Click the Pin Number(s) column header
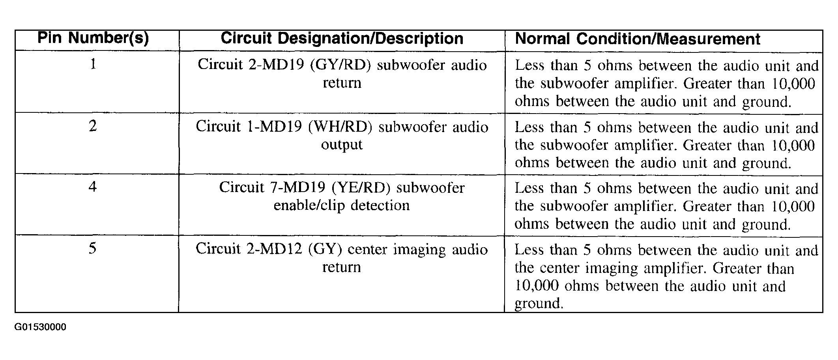(93, 38)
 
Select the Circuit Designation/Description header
(342, 39)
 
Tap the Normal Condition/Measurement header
(638, 39)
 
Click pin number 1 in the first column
(93, 64)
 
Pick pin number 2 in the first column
(93, 126)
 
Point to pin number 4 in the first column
(93, 187)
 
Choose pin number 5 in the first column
(92, 248)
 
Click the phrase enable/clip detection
(342, 206)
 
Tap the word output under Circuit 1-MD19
(342, 145)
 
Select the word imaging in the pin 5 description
(419, 250)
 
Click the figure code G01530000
(41, 327)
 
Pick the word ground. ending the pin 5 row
(539, 304)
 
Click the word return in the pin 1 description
(342, 83)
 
